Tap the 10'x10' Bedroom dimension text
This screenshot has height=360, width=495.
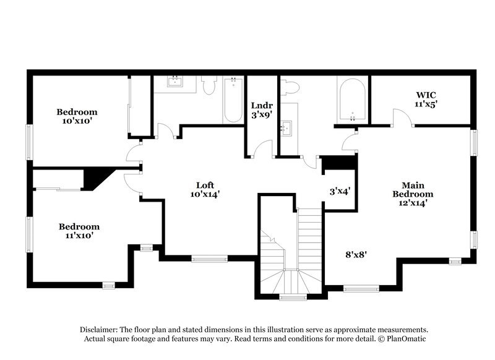point(77,121)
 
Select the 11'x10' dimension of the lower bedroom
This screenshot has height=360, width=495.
point(79,235)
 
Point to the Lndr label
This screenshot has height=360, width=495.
point(258,105)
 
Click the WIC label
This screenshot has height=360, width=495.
point(426,95)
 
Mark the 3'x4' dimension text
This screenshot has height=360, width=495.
point(340,191)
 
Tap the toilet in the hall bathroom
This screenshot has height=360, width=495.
point(208,87)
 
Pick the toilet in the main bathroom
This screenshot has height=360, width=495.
point(288,88)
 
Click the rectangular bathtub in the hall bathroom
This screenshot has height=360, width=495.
point(234,99)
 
